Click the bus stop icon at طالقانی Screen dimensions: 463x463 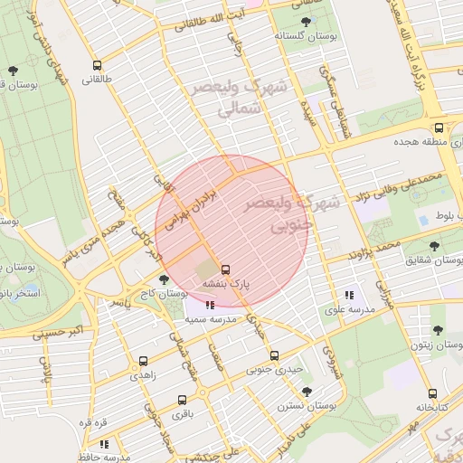coord(97,65)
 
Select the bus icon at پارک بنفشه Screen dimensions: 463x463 coord(225,269)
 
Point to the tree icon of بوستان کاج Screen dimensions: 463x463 coord(163,279)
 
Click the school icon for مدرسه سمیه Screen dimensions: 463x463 coord(210,306)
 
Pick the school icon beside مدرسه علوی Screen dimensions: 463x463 coord(349,295)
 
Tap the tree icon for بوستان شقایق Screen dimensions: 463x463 coord(435,246)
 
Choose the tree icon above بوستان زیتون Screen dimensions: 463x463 coord(439,331)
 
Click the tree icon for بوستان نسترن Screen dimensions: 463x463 coord(307,391)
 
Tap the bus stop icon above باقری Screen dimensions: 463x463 coord(182,400)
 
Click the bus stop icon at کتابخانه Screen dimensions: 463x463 coord(432,393)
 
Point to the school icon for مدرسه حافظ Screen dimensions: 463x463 coord(105,444)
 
